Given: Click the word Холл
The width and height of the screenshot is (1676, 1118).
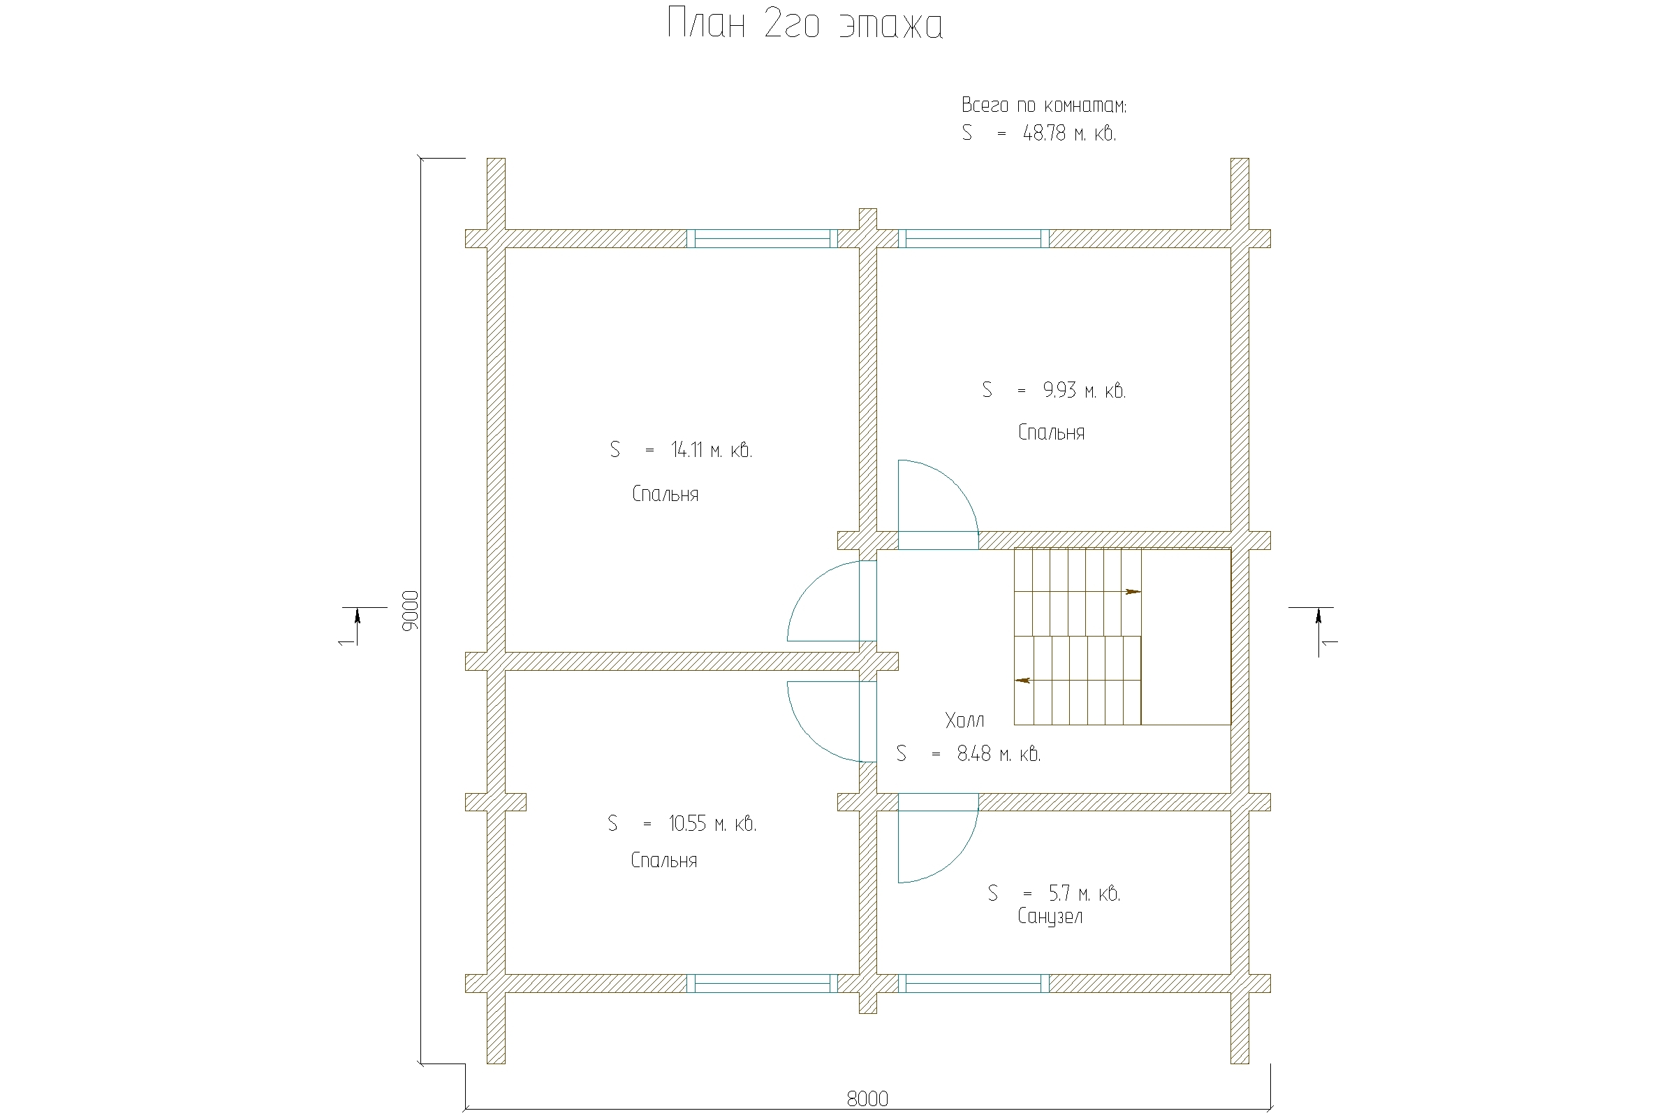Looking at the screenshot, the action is [x=965, y=720].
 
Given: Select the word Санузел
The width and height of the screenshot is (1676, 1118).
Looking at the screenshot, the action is [x=1050, y=917].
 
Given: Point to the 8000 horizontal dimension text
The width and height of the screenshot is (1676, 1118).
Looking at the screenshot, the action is [x=867, y=1098].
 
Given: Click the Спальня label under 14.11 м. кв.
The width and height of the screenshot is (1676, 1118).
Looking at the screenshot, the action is [x=665, y=494].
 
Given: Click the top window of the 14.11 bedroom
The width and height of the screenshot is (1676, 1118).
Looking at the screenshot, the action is [x=762, y=238].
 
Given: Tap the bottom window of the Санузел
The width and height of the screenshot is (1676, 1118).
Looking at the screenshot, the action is [x=973, y=983].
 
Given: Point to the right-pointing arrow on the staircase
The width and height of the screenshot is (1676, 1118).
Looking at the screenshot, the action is [x=1133, y=591].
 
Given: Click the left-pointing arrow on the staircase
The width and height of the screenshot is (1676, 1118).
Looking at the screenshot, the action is [x=1022, y=680].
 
